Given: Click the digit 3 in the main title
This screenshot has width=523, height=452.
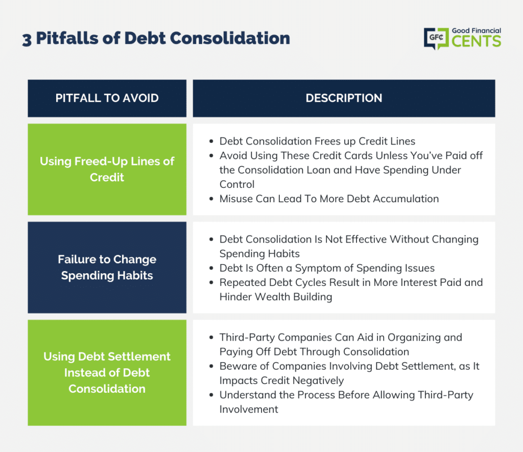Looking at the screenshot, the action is point(27,40).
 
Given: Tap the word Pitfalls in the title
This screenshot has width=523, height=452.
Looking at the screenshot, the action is point(67,38).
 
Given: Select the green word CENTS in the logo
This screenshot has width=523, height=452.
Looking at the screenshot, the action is point(477,41).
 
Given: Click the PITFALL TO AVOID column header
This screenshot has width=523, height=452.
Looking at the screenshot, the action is point(107,98).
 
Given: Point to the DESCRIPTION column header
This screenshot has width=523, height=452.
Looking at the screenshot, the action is point(344,98).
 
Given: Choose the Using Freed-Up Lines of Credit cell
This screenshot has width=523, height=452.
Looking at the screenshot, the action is point(107,170).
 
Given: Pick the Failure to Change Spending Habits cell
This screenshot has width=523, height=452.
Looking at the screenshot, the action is point(107,268).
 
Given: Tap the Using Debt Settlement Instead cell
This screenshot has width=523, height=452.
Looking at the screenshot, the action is point(107,373).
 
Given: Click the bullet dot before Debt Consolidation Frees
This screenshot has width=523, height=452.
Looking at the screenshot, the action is point(211,141).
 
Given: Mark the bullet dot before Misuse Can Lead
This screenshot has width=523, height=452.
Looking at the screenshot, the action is point(211,199).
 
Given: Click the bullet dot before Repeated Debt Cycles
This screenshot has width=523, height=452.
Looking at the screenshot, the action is point(211,283).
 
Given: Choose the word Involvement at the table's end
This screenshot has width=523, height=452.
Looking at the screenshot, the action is point(249,409).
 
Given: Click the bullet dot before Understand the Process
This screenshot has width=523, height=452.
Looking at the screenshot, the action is point(211,395).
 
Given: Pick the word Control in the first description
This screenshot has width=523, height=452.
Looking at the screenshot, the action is point(237,184).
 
